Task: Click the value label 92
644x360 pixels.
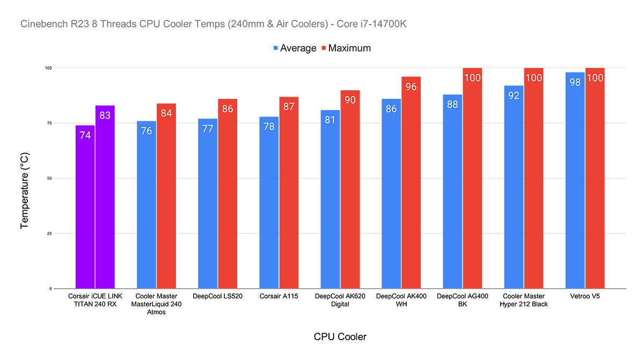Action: pos(514,95)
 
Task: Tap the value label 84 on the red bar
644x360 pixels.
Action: pos(166,113)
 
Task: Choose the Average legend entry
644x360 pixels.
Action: pos(295,48)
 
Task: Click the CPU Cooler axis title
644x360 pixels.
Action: pos(340,337)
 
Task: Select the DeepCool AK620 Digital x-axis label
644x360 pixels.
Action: pos(340,300)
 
